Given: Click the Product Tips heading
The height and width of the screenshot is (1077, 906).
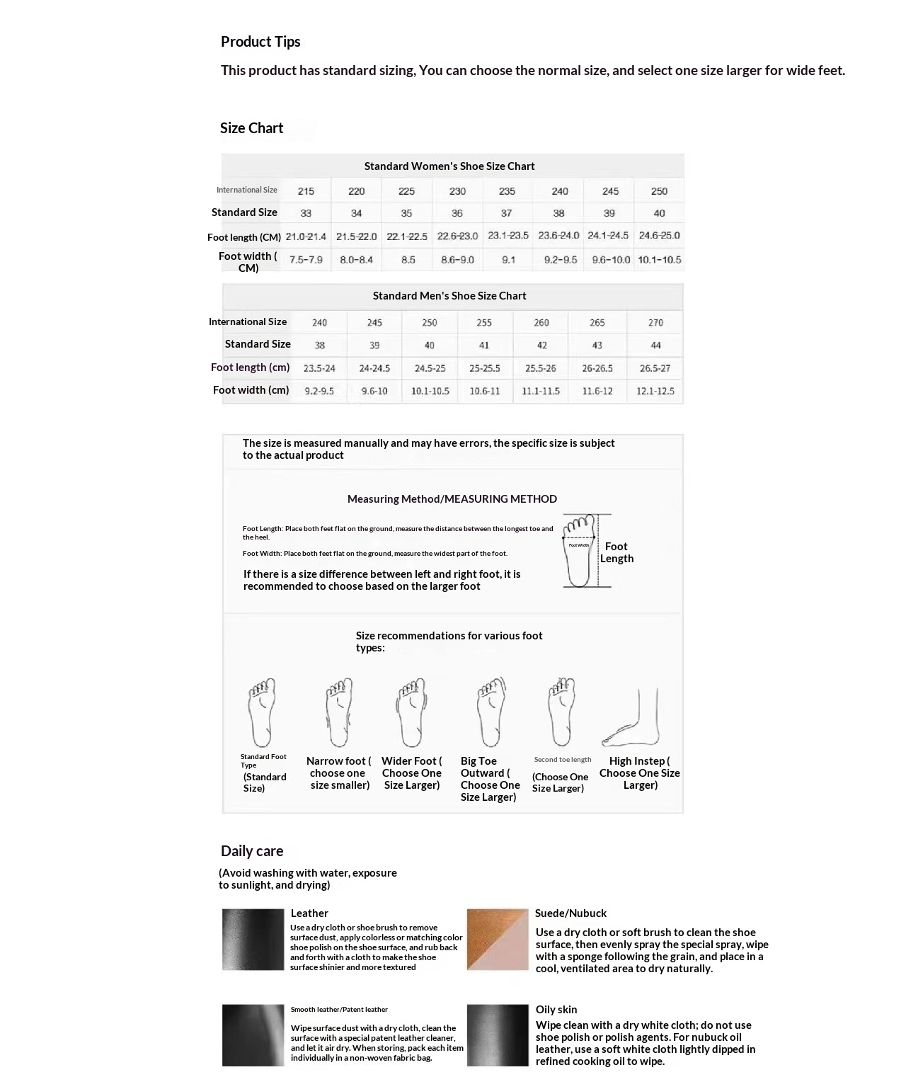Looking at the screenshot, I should [x=260, y=42].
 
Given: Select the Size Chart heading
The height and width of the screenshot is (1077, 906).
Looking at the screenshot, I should [x=251, y=128].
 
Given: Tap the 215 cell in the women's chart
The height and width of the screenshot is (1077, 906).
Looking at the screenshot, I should [x=306, y=191].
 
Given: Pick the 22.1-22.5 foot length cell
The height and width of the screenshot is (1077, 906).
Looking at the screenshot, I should [x=407, y=237].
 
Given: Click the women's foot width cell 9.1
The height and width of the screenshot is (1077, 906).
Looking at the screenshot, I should [x=508, y=260].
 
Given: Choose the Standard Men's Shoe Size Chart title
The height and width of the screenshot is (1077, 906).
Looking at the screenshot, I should [x=449, y=296].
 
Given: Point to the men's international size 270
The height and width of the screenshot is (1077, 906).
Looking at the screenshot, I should [x=655, y=323].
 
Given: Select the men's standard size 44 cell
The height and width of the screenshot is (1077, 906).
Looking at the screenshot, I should [x=655, y=346].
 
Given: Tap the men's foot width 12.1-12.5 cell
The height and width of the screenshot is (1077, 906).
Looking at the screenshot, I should [x=655, y=391].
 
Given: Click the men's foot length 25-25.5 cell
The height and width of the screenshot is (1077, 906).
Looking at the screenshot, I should [x=485, y=368].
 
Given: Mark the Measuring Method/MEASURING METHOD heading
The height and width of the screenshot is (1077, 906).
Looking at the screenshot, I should [x=452, y=499].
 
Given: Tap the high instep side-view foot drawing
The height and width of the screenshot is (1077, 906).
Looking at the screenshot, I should [x=631, y=718].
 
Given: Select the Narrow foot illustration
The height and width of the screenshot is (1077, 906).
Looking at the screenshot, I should [x=339, y=712].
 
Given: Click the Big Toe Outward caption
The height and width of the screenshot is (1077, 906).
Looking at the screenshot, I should [x=489, y=779].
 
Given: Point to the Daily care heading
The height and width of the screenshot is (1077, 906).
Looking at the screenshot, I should [x=252, y=851].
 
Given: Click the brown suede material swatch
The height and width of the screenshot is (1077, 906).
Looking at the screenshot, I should [x=497, y=940].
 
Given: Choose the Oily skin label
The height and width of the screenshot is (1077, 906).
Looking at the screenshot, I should [x=556, y=1010].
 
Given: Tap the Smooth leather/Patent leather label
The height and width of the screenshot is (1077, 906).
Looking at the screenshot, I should [x=339, y=1010].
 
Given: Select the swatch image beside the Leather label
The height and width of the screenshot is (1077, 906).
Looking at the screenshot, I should [x=253, y=940].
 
